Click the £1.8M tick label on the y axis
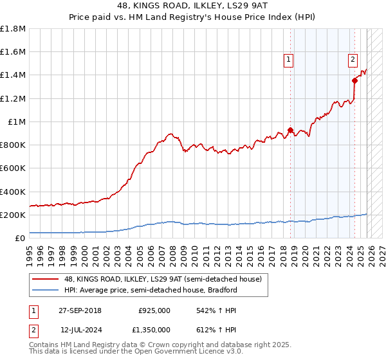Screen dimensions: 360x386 coord(13,29)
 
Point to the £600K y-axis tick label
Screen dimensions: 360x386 coord(13,168)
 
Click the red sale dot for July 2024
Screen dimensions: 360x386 coord(354,80)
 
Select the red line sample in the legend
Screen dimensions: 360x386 coord(45,280)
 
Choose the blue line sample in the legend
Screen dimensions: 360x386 coord(45,291)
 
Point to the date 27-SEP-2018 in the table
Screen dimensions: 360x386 coord(80,310)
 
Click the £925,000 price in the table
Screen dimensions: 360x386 coord(154,310)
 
